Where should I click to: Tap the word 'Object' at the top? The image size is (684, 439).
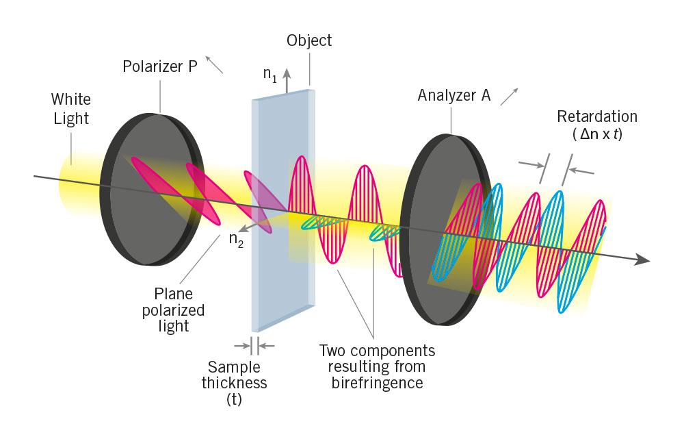pos(309,40)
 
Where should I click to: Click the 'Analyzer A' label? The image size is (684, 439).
pos(453,95)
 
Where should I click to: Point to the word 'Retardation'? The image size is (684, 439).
pos(596,116)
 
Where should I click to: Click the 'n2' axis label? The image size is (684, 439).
pos(237,241)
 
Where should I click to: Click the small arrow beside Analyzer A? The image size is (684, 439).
pos(509,96)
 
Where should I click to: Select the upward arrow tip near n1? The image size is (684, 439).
pos(287,71)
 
